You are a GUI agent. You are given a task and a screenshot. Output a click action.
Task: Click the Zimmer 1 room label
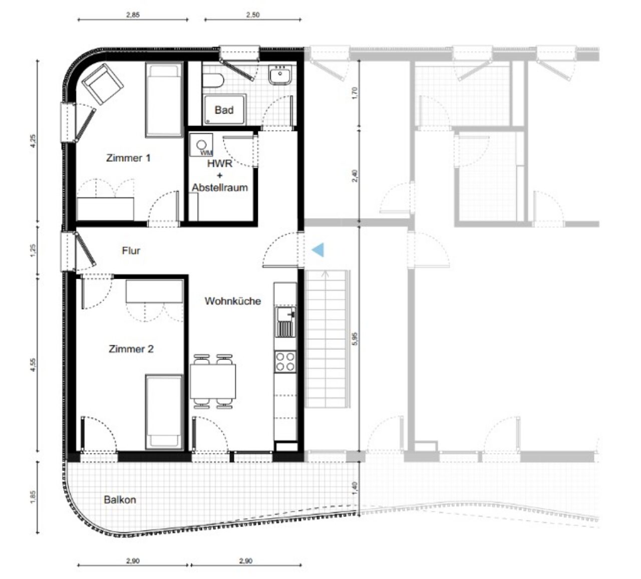(128, 158)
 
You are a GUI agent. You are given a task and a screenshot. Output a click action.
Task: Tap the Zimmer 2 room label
(131, 349)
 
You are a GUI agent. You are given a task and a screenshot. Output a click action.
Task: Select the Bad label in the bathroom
(224, 110)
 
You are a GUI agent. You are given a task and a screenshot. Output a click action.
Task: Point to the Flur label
(131, 250)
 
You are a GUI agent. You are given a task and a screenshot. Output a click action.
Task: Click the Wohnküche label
(233, 301)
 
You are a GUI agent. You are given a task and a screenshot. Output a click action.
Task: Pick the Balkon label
(120, 499)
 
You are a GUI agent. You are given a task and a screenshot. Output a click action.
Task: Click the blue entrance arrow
(318, 250)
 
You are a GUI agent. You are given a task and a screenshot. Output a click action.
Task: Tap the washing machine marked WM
(201, 145)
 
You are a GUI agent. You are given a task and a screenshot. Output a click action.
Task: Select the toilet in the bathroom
(213, 81)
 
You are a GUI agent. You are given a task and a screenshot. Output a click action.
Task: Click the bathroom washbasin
(280, 75)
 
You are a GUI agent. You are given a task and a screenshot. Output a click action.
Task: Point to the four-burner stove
(285, 361)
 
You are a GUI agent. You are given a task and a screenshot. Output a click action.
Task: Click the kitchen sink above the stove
(285, 322)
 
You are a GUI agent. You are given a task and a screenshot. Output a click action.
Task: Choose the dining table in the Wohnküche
(213, 381)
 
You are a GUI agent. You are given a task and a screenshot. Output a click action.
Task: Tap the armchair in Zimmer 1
(103, 84)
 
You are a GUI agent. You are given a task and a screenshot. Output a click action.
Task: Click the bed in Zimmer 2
(164, 412)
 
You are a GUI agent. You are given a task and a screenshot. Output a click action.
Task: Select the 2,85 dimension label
(133, 15)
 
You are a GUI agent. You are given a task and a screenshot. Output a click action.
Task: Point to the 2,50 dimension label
(253, 15)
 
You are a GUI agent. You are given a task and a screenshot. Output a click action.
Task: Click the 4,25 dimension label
(33, 141)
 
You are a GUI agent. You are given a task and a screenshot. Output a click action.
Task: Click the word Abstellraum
(220, 188)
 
